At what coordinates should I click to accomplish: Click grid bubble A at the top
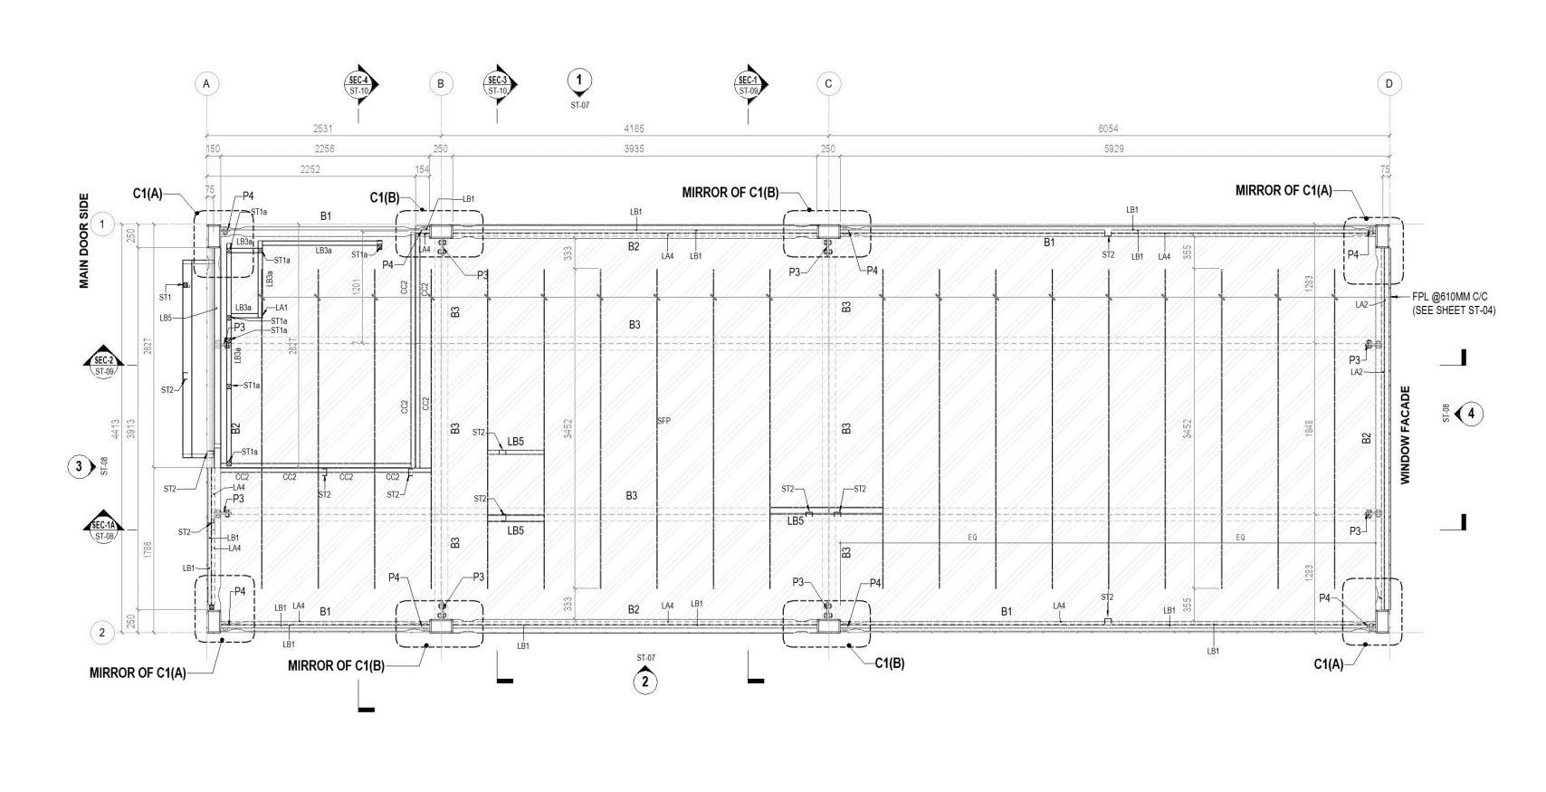206,84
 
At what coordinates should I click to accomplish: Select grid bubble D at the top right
1389,84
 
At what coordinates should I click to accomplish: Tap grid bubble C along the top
828,84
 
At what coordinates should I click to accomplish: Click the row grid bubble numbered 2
102,632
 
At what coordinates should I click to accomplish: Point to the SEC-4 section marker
359,84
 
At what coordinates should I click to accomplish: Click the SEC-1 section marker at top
748,84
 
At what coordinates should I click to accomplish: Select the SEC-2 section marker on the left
104,365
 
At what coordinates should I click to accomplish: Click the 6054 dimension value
1108,129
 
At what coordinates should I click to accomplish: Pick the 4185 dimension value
634,129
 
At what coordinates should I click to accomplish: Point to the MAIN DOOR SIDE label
84,241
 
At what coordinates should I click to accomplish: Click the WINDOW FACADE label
1406,435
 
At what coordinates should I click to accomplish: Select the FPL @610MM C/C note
1454,302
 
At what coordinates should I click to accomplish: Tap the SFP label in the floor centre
663,421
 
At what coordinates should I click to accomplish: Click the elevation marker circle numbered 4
1471,414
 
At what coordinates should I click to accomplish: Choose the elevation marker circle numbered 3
80,467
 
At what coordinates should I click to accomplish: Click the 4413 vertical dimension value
117,426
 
